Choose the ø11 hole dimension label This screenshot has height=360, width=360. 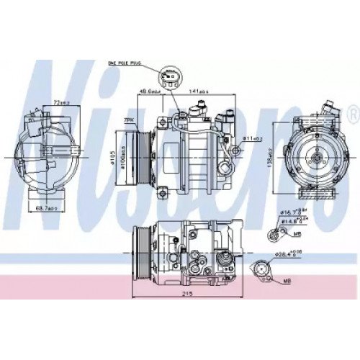click(x=251, y=138)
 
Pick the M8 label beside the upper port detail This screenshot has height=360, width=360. click(x=297, y=233)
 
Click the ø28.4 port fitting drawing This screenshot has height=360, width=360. click(x=263, y=271)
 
